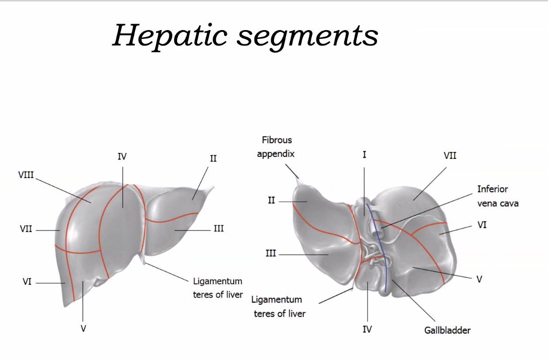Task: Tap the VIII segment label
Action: point(26,175)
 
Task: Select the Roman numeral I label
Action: point(365,155)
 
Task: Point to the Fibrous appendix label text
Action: point(277,147)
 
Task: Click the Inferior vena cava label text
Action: point(498,196)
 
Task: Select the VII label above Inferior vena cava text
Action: point(450,156)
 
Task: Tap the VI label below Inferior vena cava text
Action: point(482,225)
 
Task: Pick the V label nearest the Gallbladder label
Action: point(479,279)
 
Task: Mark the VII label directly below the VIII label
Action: point(26,230)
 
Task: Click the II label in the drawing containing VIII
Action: point(213,158)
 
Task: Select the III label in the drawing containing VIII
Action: point(218,229)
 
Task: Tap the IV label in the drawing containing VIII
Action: point(122,156)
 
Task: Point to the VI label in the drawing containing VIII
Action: point(27,281)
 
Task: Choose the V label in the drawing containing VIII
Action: point(83,329)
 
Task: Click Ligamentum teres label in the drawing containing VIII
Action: point(217,288)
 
